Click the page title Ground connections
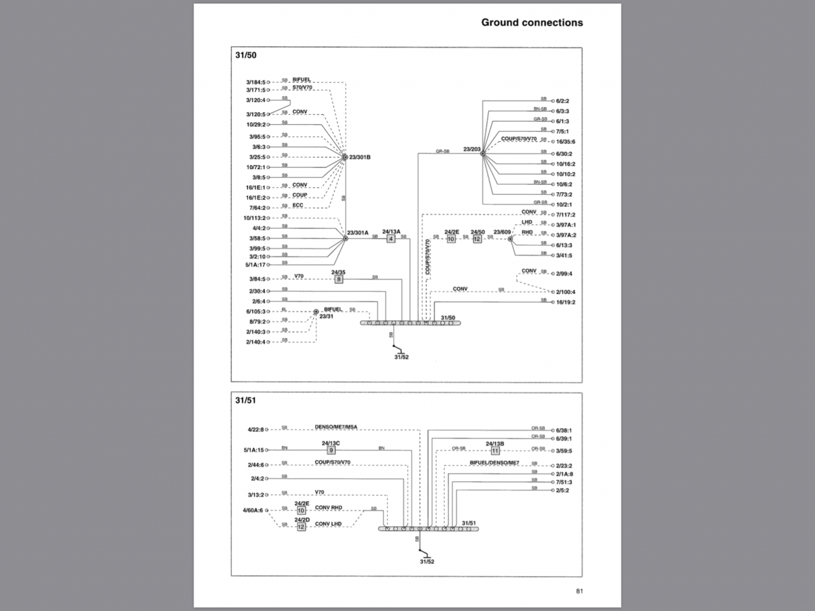532,22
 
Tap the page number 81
579,591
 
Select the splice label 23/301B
360,158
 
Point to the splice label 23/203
472,149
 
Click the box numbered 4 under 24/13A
391,239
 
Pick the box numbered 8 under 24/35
338,279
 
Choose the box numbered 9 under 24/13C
331,449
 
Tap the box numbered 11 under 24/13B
495,450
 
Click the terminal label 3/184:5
256,83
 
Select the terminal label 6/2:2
562,100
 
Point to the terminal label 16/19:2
565,302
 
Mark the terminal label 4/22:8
255,429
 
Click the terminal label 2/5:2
562,490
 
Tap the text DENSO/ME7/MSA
336,427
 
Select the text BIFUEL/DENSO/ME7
494,462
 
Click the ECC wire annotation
298,206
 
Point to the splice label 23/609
502,232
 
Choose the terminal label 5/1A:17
255,264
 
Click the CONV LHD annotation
328,524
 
